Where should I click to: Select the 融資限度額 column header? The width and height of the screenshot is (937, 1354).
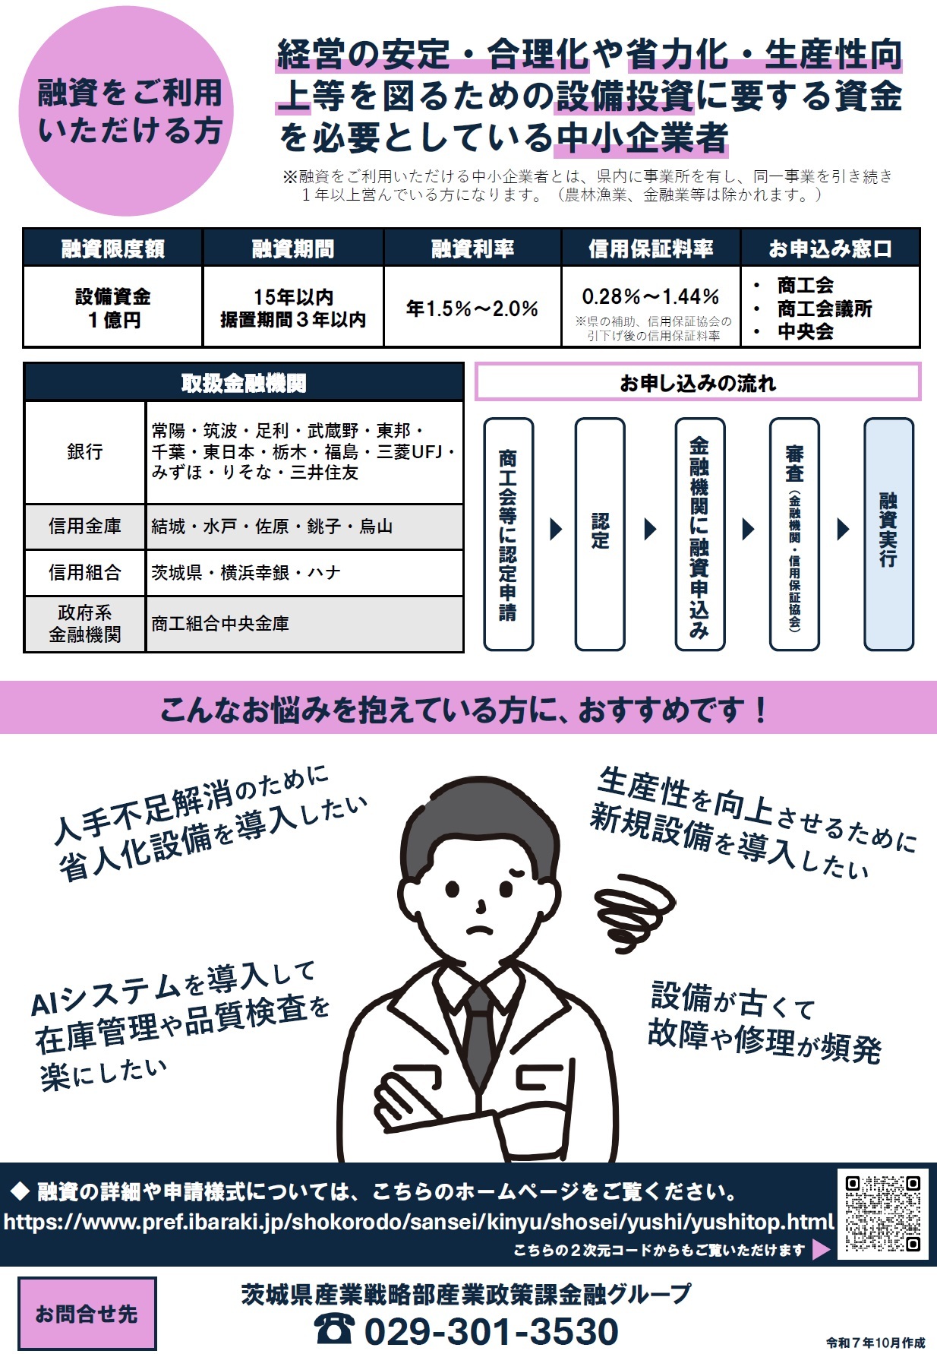point(113,248)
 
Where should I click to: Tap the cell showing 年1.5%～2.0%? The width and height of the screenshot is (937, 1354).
point(472,308)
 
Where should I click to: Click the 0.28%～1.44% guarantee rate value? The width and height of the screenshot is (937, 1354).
point(651,297)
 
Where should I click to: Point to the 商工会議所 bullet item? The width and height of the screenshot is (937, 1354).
point(825,308)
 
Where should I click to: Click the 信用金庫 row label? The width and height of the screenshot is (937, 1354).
point(85,527)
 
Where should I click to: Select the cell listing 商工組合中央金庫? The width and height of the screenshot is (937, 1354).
point(304,624)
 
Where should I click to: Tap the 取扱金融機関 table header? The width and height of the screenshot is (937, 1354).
point(244,383)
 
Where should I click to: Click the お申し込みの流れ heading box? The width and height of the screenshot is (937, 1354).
point(698,382)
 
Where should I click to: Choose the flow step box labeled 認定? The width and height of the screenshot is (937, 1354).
point(600,533)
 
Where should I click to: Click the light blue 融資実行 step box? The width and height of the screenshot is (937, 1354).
point(888,533)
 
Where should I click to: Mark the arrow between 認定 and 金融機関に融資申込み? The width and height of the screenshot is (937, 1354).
point(650,529)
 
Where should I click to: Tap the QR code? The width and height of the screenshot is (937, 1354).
point(882,1213)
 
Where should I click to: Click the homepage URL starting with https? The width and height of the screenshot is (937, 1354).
point(418,1221)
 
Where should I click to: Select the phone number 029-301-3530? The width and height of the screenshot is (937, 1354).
point(491,1330)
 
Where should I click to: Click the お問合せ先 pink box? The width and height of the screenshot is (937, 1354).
point(87,1313)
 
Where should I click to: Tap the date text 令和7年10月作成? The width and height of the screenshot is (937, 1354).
point(875,1343)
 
